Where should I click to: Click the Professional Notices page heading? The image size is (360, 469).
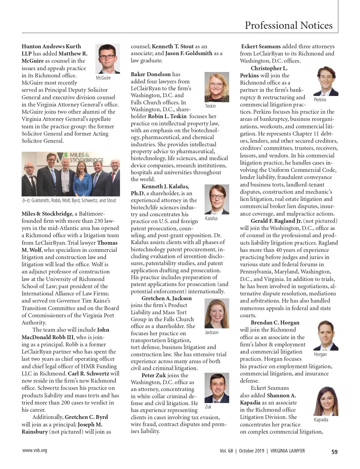[288, 25]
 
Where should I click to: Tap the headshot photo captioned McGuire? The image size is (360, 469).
[107, 59]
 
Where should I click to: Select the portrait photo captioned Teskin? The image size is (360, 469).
[217, 87]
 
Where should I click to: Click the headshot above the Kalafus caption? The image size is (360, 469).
[217, 199]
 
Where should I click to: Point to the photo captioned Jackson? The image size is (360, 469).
[217, 313]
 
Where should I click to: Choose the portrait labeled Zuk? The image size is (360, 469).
[217, 388]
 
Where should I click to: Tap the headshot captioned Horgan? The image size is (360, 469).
[325, 336]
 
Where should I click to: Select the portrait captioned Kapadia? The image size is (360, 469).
[325, 401]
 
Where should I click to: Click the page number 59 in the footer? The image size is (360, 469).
[334, 452]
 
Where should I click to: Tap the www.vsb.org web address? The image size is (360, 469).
[34, 450]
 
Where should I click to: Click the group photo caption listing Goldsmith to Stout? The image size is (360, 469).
[69, 201]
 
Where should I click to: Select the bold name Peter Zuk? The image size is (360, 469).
[154, 375]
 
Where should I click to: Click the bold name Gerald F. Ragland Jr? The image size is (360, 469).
[276, 221]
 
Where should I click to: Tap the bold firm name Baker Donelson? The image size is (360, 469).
[151, 74]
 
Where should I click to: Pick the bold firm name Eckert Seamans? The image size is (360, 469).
[261, 46]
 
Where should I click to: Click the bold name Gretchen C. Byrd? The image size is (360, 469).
[86, 417]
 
